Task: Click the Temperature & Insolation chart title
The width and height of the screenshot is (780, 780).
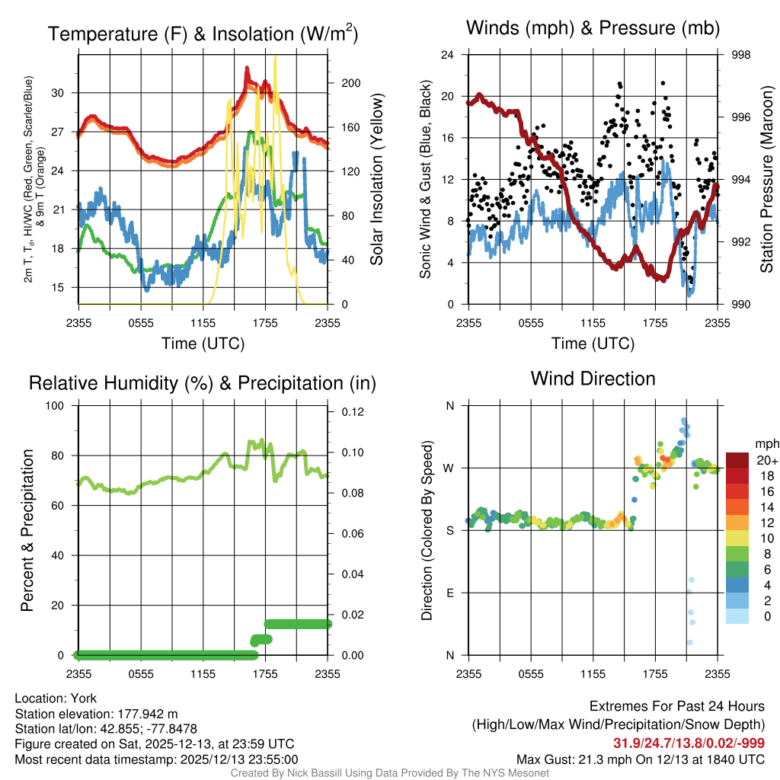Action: click(203, 34)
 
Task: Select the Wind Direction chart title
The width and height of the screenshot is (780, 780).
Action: click(593, 379)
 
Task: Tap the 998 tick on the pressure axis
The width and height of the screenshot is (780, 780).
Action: click(740, 55)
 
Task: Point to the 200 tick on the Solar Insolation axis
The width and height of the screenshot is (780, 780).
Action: click(350, 83)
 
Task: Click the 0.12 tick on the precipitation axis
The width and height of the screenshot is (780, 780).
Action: click(353, 411)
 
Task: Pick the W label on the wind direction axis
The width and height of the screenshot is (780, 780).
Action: click(449, 468)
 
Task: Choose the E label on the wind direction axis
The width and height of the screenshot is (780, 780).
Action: click(451, 593)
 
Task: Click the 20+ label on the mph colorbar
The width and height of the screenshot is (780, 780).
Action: click(765, 460)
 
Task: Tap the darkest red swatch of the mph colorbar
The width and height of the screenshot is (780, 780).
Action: click(737, 460)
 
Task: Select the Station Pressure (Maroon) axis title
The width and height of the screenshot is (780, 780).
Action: click(767, 179)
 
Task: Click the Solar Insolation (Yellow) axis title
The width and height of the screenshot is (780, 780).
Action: click(377, 179)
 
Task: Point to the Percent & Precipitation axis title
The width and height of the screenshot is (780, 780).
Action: click(27, 530)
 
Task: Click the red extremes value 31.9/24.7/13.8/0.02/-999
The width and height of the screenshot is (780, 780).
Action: click(689, 743)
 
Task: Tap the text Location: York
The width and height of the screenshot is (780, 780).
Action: click(56, 698)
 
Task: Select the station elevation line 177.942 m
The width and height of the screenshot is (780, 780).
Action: click(96, 714)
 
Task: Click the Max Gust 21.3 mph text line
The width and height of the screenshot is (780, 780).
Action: click(640, 759)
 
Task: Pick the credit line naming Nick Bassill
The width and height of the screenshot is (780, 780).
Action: click(389, 772)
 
